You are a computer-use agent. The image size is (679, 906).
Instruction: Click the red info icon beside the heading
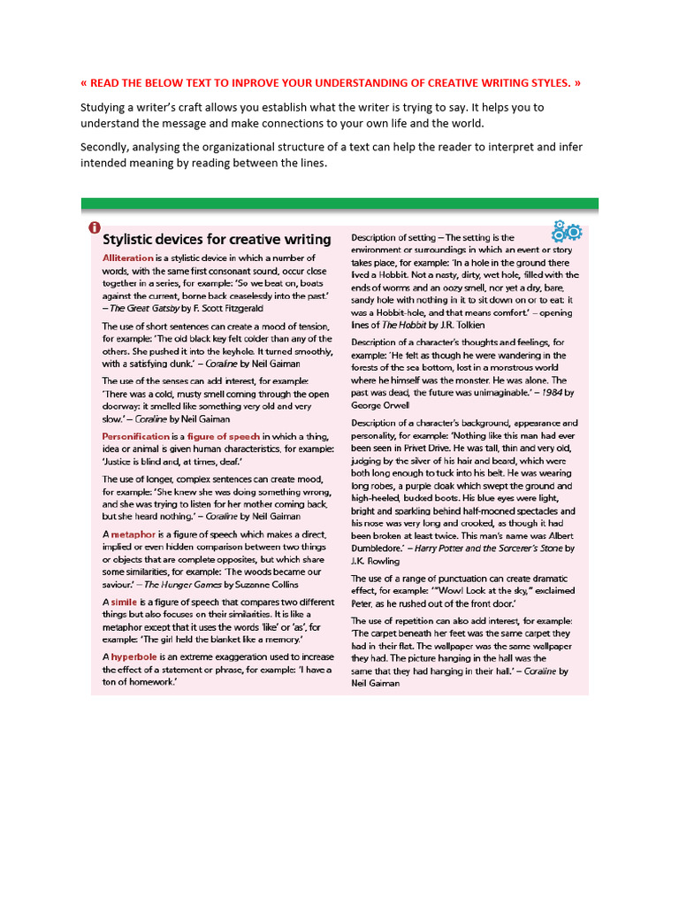95,229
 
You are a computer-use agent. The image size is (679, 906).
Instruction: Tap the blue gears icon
566,231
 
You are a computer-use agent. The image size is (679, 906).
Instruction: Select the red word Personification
135,437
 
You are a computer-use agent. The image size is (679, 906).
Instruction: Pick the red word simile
125,601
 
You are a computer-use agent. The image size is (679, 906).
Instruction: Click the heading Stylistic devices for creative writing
217,239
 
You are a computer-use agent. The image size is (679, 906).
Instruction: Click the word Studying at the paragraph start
104,108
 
